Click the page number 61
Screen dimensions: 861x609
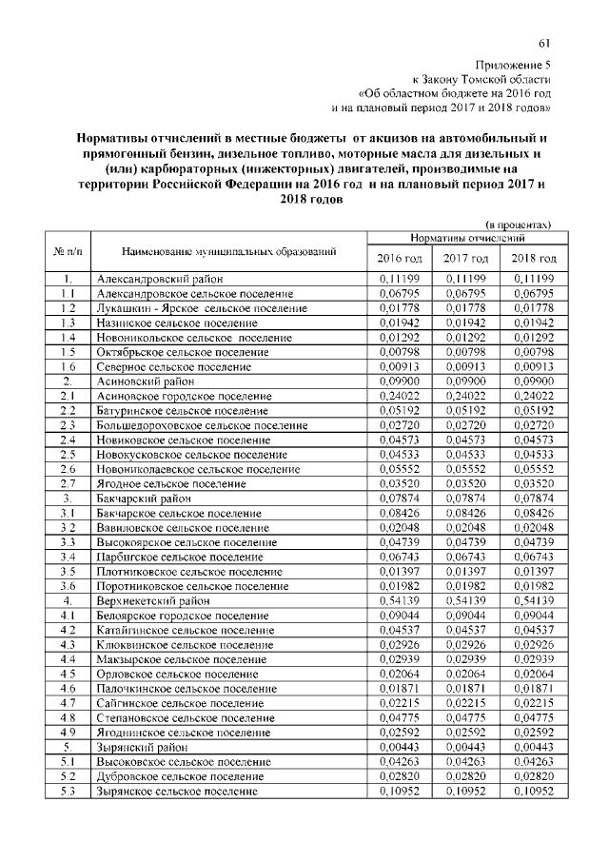545,42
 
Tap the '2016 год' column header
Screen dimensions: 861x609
400,259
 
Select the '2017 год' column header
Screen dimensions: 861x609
466,259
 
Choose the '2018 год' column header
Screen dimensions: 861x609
533,259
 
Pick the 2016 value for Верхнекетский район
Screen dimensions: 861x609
400,601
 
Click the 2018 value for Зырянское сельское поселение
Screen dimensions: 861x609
533,792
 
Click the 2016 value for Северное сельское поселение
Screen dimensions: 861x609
400,366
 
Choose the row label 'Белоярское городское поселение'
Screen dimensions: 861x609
177,616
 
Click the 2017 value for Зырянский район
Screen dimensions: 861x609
466,748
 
